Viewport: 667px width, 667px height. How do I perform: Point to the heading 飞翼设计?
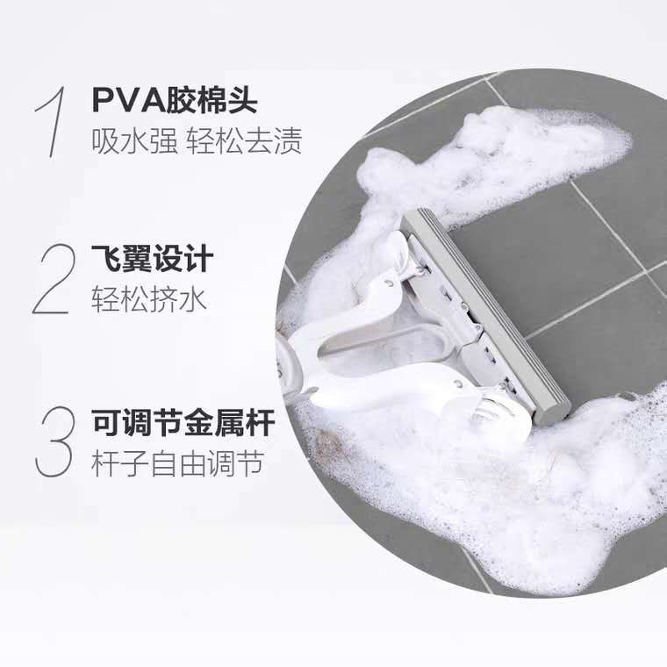(152, 261)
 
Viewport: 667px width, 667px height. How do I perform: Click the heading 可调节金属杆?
(183, 423)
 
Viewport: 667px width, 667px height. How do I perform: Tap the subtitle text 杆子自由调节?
(176, 464)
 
